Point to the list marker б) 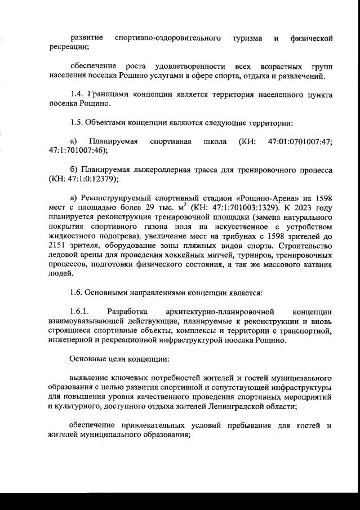point(73,170)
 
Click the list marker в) point(73,198)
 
